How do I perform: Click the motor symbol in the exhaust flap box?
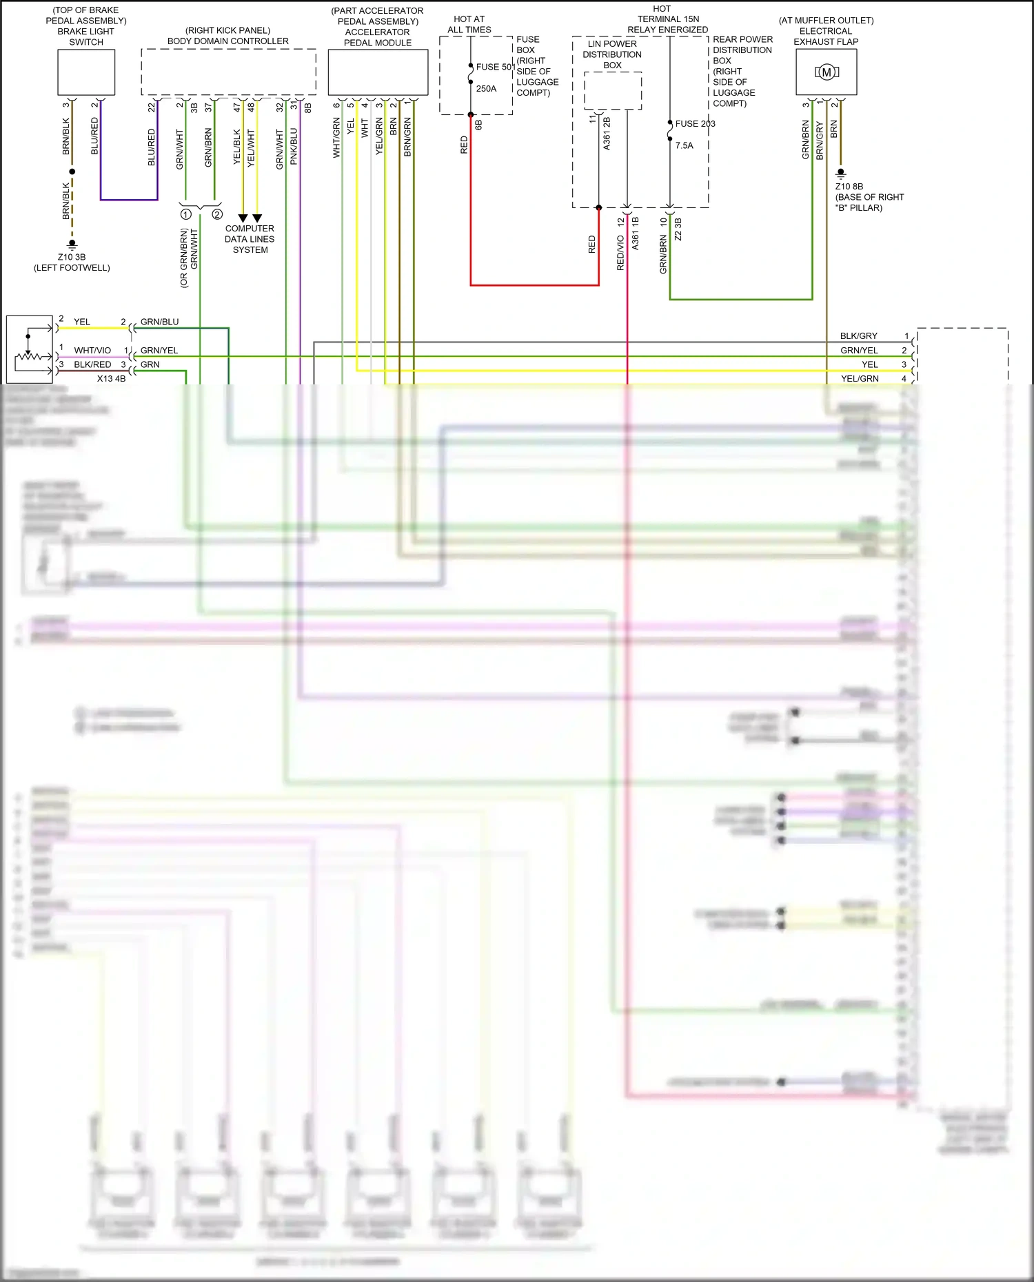[826, 72]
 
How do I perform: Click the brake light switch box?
[86, 72]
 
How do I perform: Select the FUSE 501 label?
[495, 67]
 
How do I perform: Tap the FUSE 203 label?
[695, 124]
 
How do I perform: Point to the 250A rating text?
[486, 89]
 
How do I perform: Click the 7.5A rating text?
[684, 145]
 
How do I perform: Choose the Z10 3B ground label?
[72, 257]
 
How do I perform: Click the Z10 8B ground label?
[849, 187]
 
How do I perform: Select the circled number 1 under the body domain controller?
[185, 215]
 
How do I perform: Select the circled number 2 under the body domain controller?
[217, 214]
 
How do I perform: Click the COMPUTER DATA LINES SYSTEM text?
[250, 239]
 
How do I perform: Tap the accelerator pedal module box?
[378, 72]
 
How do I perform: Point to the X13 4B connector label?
[111, 379]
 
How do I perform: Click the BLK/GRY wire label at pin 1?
[858, 336]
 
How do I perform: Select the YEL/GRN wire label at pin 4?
[859, 379]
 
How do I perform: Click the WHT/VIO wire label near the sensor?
[92, 351]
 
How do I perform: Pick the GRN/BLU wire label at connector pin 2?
[159, 322]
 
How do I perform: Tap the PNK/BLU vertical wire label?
[294, 146]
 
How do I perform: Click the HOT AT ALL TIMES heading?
[469, 24]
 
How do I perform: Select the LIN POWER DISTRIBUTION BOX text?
[612, 54]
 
